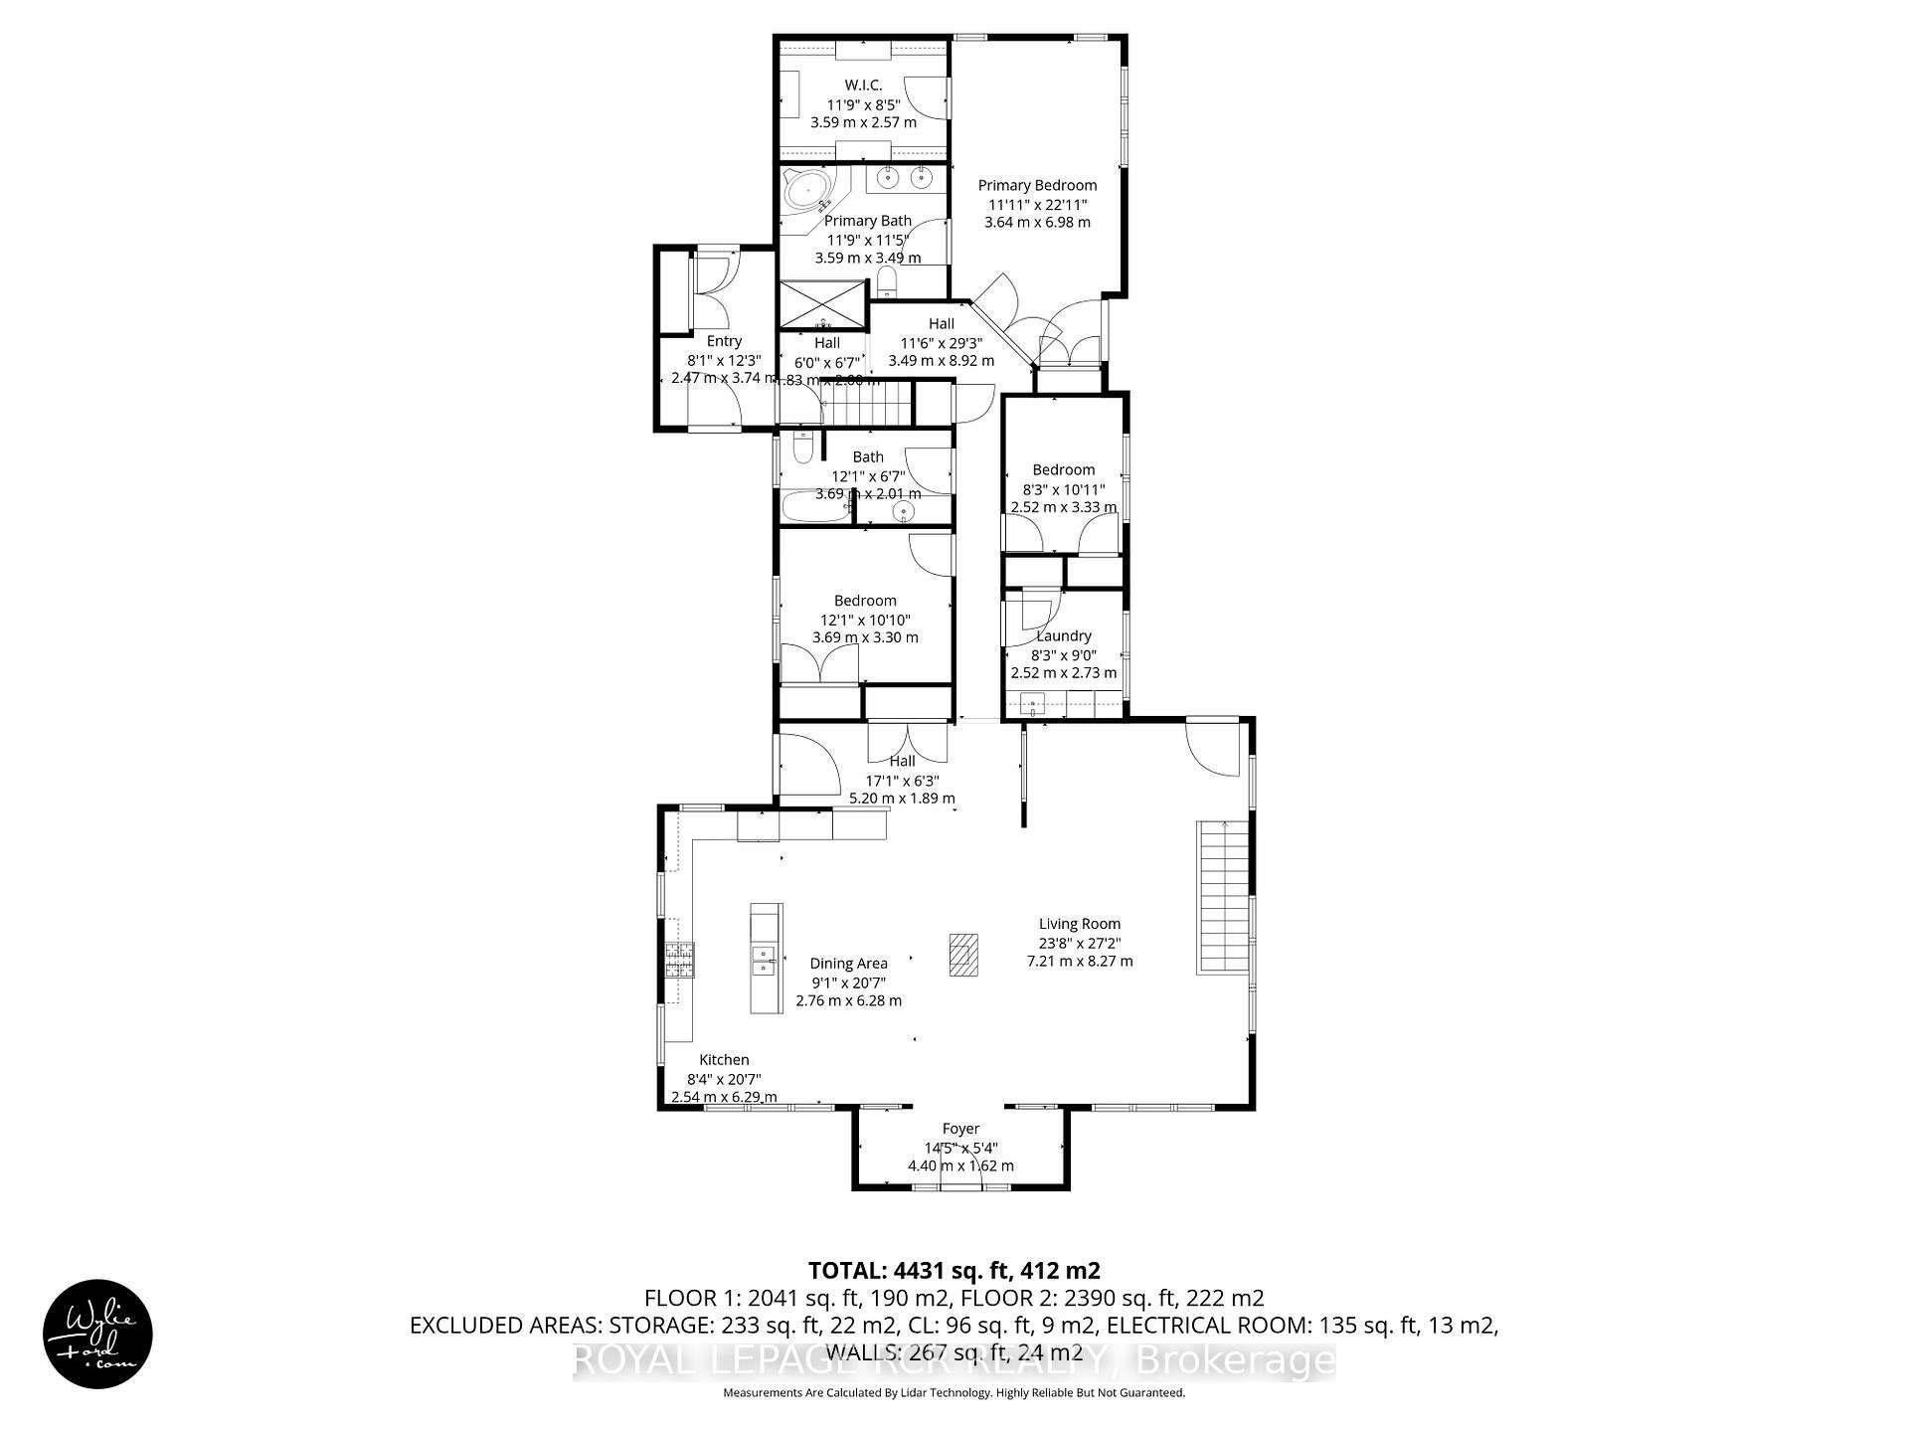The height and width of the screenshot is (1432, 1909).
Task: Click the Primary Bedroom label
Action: click(x=1037, y=185)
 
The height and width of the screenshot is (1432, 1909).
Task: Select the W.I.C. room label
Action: click(x=863, y=86)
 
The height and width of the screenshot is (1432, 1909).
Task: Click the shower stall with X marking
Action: click(x=821, y=305)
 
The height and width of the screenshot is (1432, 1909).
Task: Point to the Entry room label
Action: click(x=724, y=341)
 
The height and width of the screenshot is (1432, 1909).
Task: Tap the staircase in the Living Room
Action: click(x=1222, y=897)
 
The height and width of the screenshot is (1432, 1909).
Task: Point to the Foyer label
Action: click(x=960, y=1129)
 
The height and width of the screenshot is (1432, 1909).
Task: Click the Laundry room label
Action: click(x=1064, y=635)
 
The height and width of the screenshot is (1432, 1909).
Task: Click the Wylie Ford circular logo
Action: click(x=97, y=1334)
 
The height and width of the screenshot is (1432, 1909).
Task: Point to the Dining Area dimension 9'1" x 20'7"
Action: click(x=848, y=982)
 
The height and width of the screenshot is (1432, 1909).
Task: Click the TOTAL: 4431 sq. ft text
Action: click(x=954, y=1270)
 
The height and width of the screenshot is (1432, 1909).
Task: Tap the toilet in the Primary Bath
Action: click(x=887, y=281)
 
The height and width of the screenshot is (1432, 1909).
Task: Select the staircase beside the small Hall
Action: click(x=871, y=406)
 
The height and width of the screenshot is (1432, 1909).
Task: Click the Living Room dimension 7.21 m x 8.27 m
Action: click(x=1079, y=961)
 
